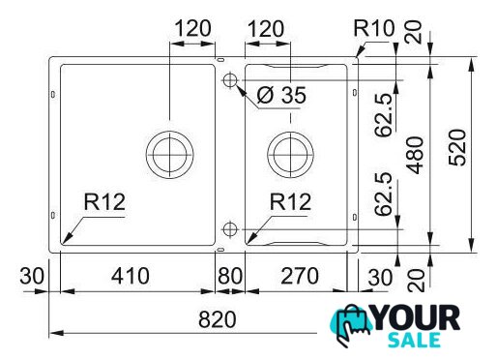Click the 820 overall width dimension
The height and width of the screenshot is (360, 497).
pyautogui.click(x=218, y=319)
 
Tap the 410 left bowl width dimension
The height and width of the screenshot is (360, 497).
pyautogui.click(x=131, y=276)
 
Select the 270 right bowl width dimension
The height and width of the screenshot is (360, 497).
pyautogui.click(x=300, y=276)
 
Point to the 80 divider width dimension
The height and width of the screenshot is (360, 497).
pyautogui.click(x=230, y=276)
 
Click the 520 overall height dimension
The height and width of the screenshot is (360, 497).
pyautogui.click(x=457, y=148)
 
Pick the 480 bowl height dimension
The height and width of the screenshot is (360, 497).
pyautogui.click(x=415, y=155)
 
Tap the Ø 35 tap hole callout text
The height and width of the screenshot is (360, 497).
pyautogui.click(x=281, y=95)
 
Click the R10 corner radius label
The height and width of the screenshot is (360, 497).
pyautogui.click(x=374, y=28)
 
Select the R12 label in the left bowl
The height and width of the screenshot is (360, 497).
pyautogui.click(x=104, y=202)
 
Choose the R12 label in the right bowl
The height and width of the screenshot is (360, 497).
pyautogui.click(x=290, y=202)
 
